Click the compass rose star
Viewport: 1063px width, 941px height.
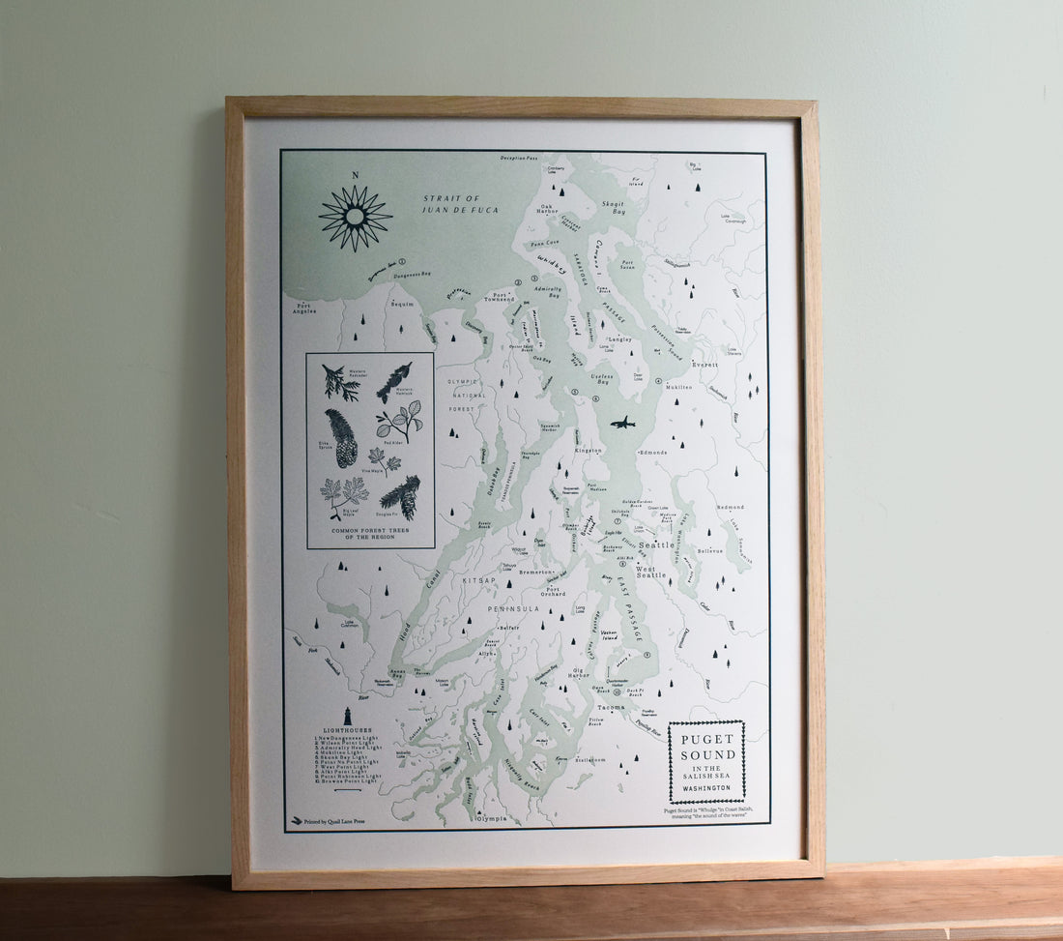coord(355,218)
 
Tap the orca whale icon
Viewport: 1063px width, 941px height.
coord(622,423)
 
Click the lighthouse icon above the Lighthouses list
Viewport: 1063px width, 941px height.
coord(347,716)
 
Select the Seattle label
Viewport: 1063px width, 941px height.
coord(657,545)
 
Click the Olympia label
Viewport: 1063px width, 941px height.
coord(491,818)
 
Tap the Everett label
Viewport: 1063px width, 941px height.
coord(705,365)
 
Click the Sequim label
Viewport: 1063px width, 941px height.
coord(401,303)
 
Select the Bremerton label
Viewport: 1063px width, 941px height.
coord(534,572)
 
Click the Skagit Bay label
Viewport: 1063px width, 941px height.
coord(613,208)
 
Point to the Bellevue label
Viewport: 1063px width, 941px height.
coord(710,551)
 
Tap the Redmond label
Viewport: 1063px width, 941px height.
coord(731,507)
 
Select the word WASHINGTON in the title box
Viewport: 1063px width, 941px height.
coord(706,788)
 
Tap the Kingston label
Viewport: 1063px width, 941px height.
coord(588,450)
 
